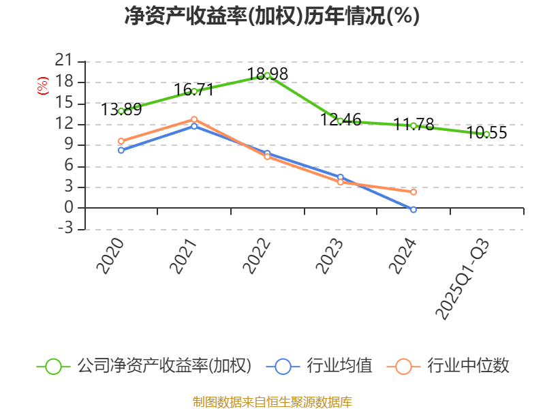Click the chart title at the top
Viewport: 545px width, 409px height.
click(272, 16)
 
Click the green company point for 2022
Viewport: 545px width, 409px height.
click(267, 75)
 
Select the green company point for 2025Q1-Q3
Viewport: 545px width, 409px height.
click(486, 134)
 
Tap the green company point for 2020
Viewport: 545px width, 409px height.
click(121, 110)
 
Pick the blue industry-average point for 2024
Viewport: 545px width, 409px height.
click(414, 209)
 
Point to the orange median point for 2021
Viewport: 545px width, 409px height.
click(194, 119)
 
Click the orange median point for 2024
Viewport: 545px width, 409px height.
click(414, 192)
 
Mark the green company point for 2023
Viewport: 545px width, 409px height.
click(340, 121)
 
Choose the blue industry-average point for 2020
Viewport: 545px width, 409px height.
click(121, 150)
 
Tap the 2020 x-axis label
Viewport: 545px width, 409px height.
click(110, 256)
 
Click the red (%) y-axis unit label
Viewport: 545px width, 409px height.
click(42, 86)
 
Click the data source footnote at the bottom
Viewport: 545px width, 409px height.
click(272, 402)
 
